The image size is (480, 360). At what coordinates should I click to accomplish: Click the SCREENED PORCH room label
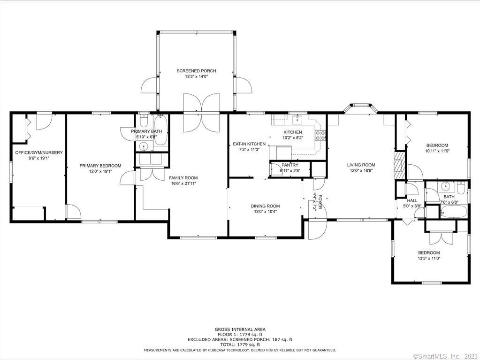196,71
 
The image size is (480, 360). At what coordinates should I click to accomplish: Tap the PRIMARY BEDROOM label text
100,166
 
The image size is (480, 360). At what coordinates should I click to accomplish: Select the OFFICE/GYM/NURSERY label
39,153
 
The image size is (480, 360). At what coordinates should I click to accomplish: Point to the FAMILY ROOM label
183,178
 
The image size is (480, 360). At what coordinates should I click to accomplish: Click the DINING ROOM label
266,206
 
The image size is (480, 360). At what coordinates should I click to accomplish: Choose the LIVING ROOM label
361,165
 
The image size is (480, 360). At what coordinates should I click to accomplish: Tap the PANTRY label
290,165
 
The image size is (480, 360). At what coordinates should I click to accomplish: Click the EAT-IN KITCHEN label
249,144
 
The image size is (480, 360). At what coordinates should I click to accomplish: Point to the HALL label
412,200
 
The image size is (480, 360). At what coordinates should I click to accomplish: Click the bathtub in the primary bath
160,130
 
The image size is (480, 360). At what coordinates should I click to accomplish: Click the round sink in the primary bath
144,147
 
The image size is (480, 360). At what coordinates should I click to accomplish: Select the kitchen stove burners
320,135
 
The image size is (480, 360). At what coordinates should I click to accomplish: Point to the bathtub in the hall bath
454,212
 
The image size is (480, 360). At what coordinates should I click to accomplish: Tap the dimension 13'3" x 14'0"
196,77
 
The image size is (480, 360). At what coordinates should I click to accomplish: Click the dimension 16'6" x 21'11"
183,184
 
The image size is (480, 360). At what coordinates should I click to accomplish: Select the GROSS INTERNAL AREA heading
240,329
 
